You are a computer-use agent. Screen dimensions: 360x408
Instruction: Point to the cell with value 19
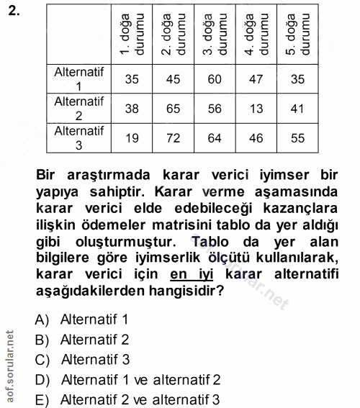point(132,137)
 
